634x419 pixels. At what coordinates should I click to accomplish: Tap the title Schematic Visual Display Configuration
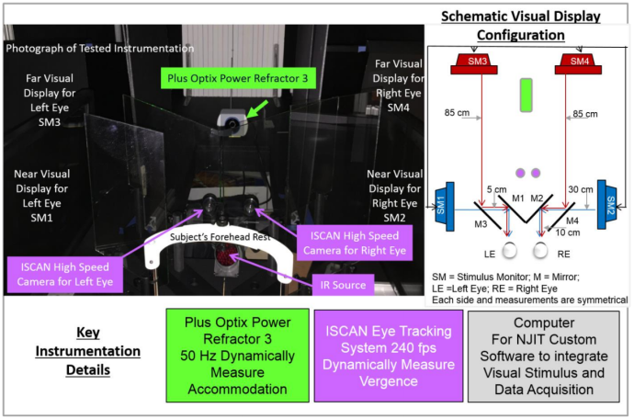pos(520,26)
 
